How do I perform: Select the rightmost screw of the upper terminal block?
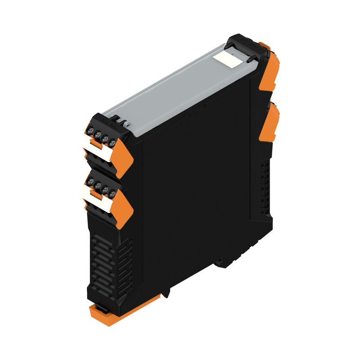[112, 144]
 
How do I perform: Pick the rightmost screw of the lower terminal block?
[112, 193]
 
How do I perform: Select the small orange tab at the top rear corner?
[265, 45]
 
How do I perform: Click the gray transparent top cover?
[175, 90]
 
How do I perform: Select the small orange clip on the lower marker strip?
[95, 193]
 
